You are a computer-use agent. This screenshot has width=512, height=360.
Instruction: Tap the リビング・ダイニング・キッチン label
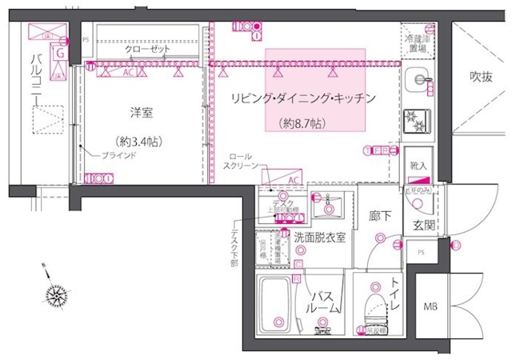coord(303,98)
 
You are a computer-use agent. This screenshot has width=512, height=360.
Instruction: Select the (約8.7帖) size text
coord(302,123)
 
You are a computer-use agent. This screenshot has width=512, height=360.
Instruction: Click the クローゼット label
coord(147,49)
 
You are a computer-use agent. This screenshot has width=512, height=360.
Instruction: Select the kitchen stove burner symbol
coord(418,120)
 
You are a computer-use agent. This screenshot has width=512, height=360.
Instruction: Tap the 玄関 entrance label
coord(423,226)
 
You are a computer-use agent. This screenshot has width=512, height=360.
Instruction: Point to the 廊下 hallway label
coord(380,215)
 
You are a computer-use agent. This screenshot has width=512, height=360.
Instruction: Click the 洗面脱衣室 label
coord(319,237)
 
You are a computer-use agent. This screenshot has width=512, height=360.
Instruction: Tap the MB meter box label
coord(430,306)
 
